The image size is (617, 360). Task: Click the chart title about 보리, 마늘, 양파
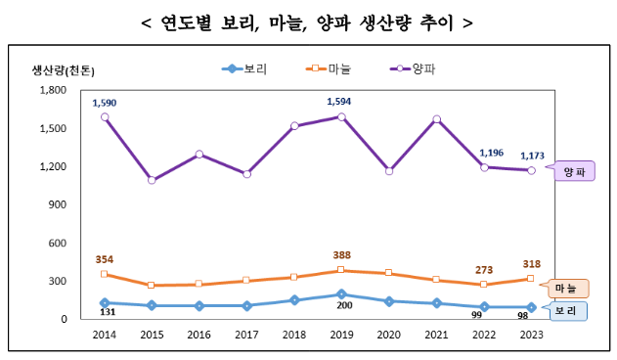tap(308, 21)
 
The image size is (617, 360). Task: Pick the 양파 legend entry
tap(412, 68)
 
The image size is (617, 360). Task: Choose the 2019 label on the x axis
tap(341, 335)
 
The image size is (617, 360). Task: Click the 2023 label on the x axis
tap(531, 335)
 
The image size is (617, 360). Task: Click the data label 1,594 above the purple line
tap(340, 101)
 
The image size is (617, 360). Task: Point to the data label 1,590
tap(105, 102)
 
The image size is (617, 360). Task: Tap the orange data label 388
tap(341, 254)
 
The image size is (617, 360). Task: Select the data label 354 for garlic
tap(105, 259)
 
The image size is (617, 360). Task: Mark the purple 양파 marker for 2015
tap(152, 180)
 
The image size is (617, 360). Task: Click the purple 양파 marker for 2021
tap(436, 119)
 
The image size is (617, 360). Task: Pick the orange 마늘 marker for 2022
tap(483, 285)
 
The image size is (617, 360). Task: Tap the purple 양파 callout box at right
tap(573, 171)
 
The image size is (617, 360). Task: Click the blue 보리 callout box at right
tap(564, 311)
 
